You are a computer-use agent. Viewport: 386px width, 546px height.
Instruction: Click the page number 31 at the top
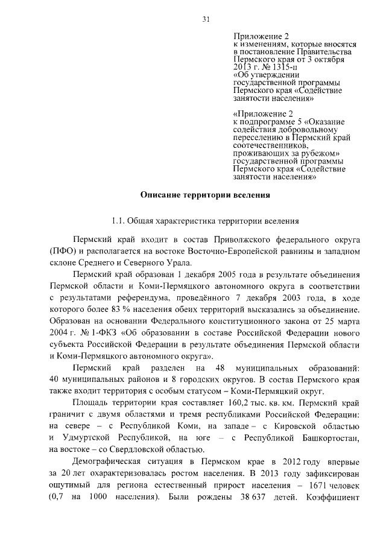coord(206,19)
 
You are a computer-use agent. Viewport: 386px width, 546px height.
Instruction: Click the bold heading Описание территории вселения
coord(206,195)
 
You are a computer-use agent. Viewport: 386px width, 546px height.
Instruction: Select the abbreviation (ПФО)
coord(63,250)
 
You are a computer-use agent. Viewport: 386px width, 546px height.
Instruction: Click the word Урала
coord(179,262)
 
